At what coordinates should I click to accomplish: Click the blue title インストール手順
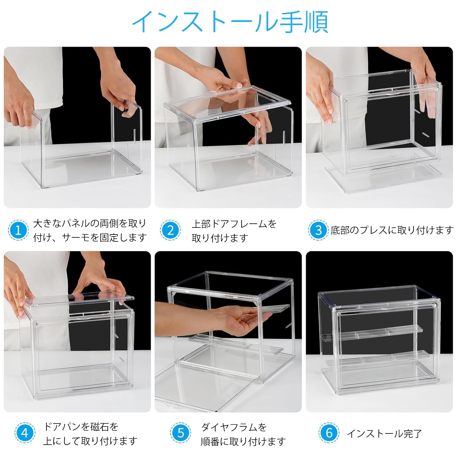[x=230, y=22]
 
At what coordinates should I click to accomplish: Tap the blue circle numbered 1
[x=18, y=230]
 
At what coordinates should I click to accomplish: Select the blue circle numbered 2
[x=170, y=230]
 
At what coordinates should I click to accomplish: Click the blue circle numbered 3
[x=318, y=230]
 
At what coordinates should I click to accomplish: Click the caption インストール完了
[x=384, y=434]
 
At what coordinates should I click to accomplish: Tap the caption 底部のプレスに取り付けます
[x=392, y=230]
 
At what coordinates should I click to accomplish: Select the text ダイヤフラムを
[x=234, y=427]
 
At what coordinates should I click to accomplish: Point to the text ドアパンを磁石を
[x=81, y=427]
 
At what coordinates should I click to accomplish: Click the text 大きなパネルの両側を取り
[x=90, y=223]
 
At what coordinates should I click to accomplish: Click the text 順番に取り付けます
[x=243, y=441]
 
